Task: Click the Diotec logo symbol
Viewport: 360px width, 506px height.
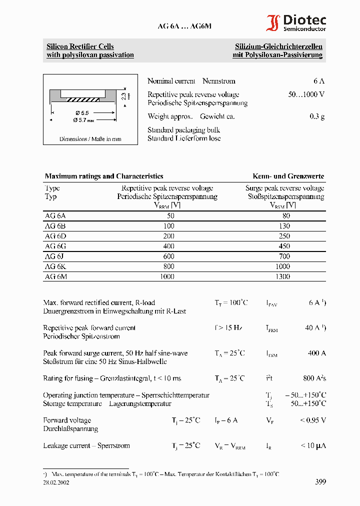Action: tap(273, 23)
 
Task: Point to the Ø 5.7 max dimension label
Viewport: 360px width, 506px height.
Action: tap(83, 120)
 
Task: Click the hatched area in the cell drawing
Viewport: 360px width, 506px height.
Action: tap(83, 99)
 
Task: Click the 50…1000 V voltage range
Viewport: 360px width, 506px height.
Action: tap(306, 94)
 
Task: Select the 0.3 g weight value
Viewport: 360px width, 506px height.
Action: tap(316, 116)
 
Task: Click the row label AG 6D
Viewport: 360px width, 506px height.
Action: tap(55, 235)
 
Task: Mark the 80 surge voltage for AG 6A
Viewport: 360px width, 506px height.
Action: tap(285, 216)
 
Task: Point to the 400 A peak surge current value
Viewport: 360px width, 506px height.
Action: tap(316, 353)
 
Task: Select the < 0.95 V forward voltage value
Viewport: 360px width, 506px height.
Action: tap(312, 420)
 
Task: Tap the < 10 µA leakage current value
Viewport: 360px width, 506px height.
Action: tap(313, 445)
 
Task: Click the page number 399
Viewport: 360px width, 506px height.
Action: tap(320, 482)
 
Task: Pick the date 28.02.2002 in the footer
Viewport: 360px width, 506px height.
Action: tap(56, 482)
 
